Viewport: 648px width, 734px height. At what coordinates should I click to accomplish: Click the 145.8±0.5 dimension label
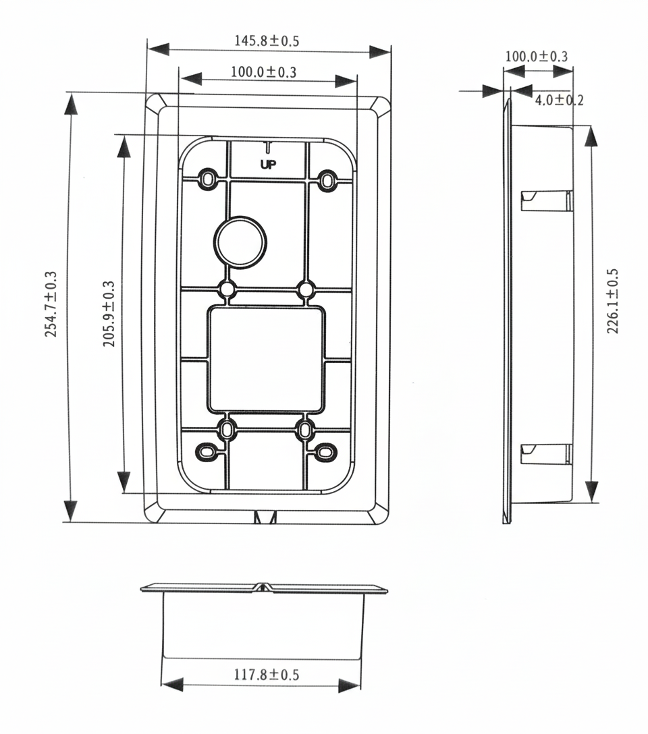[x=267, y=40]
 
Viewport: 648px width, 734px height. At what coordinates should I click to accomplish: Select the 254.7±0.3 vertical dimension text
[x=51, y=305]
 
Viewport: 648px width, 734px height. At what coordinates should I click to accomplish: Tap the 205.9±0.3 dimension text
[x=109, y=314]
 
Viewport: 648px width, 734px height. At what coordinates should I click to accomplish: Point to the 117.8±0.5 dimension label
[x=267, y=674]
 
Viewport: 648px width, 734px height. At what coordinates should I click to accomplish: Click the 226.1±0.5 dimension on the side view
[x=612, y=302]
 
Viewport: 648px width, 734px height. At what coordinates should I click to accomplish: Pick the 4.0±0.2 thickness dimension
[x=559, y=101]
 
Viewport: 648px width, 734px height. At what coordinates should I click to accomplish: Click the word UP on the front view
[x=268, y=163]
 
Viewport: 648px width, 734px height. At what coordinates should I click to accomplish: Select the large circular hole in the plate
[x=241, y=242]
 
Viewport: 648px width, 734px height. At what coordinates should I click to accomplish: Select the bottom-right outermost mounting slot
[x=325, y=450]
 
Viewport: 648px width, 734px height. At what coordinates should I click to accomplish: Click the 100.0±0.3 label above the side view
[x=537, y=57]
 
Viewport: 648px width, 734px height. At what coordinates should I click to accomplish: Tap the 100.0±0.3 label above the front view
[x=263, y=72]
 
